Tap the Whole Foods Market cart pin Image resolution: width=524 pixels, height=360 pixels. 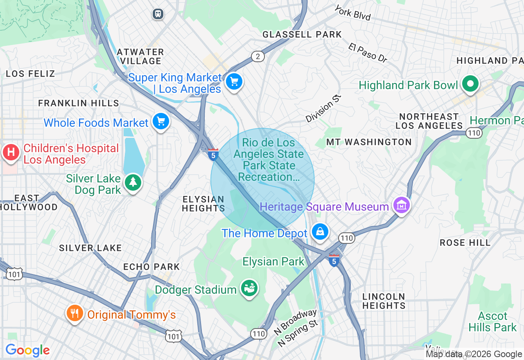coord(160,122)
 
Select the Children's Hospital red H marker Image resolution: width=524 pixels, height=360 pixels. coord(11,152)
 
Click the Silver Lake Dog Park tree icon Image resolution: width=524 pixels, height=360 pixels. coord(133,182)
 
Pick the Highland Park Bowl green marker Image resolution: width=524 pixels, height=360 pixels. coord(470,84)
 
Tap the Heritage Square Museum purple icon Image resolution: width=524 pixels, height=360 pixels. coord(401,205)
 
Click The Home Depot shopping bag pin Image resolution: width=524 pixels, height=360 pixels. coord(320,232)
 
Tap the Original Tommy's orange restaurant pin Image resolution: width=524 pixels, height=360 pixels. coord(74,313)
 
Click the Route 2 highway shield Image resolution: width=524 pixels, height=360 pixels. coord(257,56)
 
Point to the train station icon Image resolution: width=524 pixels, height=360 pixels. coord(158,14)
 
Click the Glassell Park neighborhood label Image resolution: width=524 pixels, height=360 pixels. coord(302,34)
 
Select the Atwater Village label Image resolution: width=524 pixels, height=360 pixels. coord(140,56)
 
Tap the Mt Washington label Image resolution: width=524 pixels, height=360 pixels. coord(368,142)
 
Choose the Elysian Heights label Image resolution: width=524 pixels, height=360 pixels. coord(203,204)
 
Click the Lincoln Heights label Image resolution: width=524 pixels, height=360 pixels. coord(384,301)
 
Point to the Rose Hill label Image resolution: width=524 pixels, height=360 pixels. coord(465,243)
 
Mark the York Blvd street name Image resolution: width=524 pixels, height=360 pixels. coord(352,13)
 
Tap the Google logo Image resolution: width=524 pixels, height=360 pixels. coord(27,350)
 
